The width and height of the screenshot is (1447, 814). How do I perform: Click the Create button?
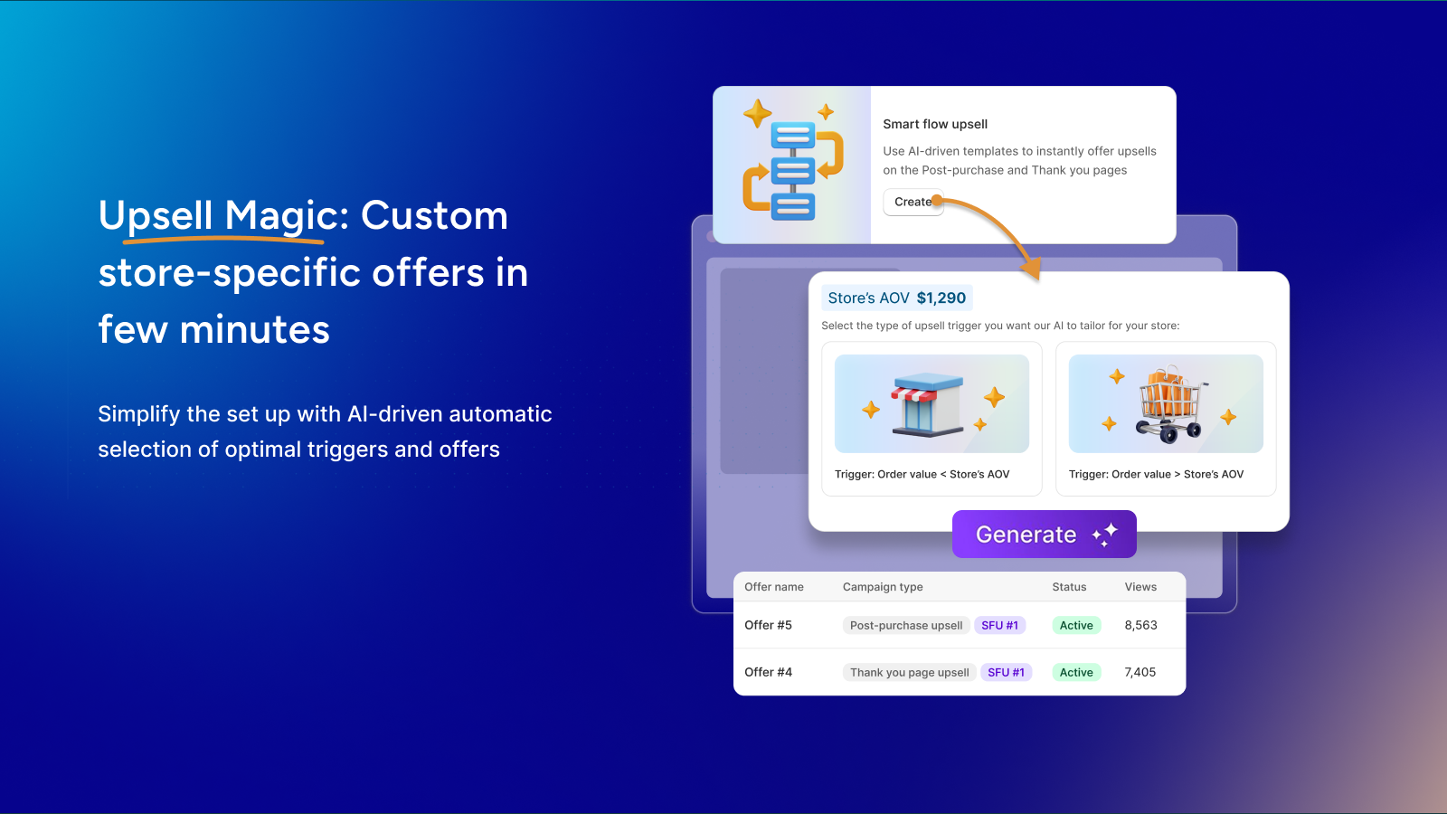(x=913, y=203)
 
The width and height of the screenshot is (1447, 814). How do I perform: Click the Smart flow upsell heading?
(x=935, y=124)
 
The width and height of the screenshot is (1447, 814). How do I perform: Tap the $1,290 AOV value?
(x=941, y=298)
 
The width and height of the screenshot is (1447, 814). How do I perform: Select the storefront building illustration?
(x=927, y=403)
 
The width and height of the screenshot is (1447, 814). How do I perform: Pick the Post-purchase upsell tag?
(x=905, y=625)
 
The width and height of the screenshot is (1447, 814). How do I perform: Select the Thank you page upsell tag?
(x=909, y=673)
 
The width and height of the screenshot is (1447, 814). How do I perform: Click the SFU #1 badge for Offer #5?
(x=999, y=625)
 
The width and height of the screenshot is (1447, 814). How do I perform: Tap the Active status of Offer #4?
(x=1076, y=673)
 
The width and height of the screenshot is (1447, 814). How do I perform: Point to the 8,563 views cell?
(x=1140, y=625)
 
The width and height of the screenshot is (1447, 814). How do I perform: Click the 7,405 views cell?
(x=1140, y=673)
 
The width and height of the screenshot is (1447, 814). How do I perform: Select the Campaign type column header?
(x=883, y=587)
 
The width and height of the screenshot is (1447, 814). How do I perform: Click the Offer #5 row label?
(x=768, y=625)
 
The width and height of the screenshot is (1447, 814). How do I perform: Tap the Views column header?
(x=1140, y=587)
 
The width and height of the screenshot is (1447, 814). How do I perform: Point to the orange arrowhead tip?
(x=1038, y=279)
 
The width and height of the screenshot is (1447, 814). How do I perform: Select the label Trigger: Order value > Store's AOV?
(x=1156, y=474)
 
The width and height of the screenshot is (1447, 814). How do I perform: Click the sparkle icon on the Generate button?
(x=1105, y=535)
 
